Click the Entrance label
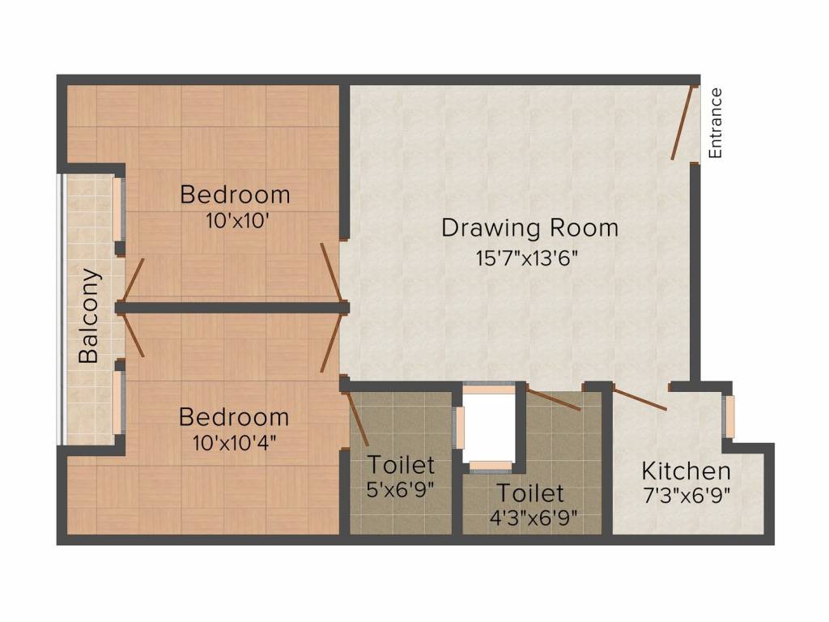point(716,122)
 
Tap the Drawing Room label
point(529,228)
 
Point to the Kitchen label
point(686,471)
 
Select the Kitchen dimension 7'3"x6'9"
point(687,496)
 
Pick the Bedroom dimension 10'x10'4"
point(234,442)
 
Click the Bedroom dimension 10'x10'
point(234,220)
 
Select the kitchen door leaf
point(640,399)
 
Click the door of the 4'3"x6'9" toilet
point(553,398)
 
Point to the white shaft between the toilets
point(488,427)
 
